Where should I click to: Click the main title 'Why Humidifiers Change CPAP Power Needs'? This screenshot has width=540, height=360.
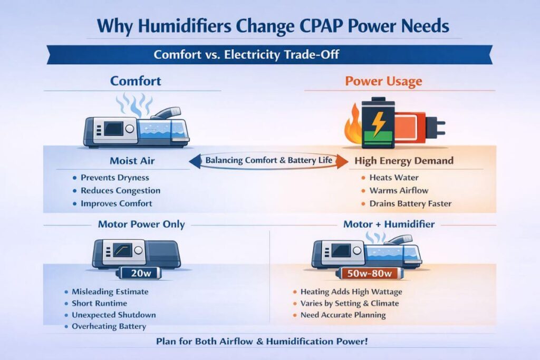click(x=269, y=26)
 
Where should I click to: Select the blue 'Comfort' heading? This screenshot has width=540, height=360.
click(x=136, y=81)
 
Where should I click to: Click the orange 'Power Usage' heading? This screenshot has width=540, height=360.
click(x=383, y=81)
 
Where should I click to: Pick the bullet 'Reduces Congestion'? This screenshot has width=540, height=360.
click(x=120, y=190)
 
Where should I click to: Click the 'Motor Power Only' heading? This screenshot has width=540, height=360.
click(x=141, y=225)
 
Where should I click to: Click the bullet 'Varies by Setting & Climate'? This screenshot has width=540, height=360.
click(x=349, y=303)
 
